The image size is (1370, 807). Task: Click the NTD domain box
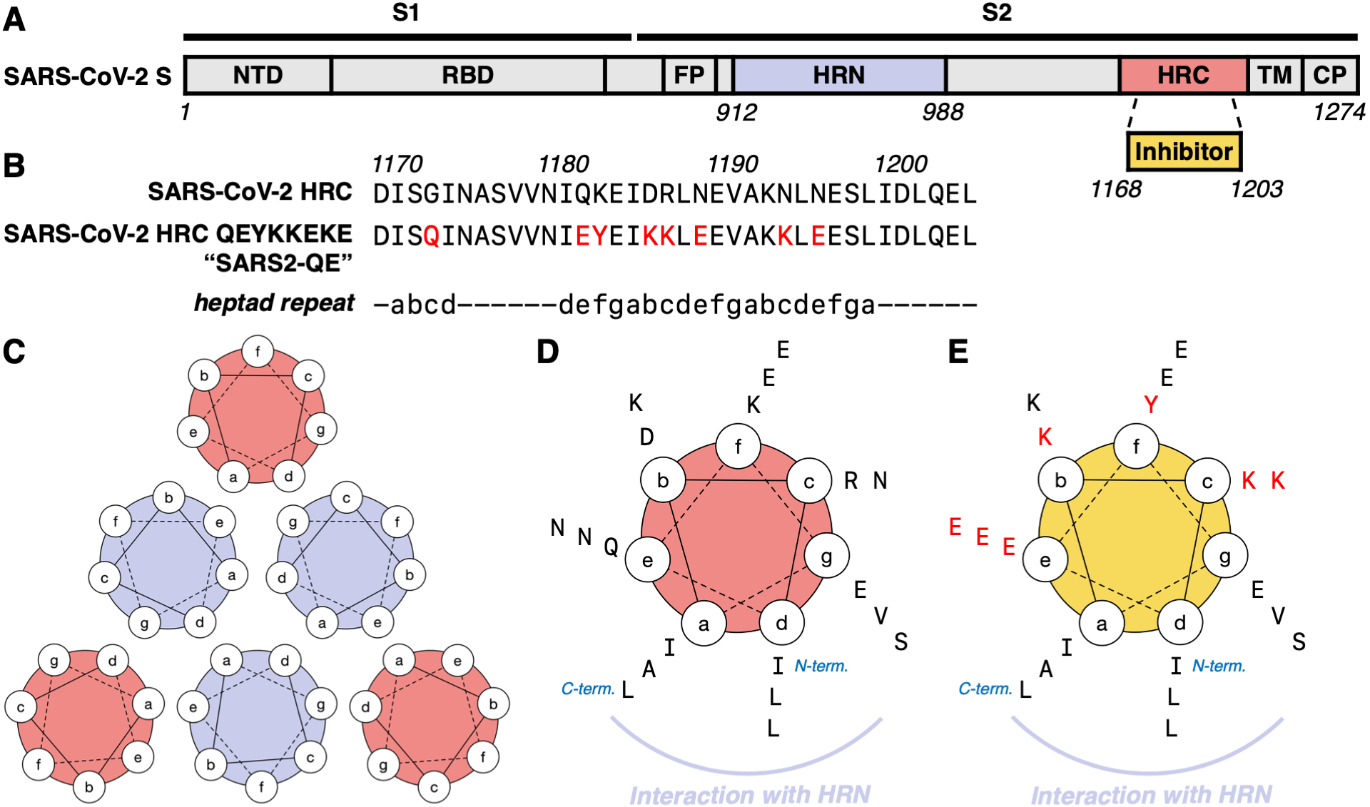(258, 75)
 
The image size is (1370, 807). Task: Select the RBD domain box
(467, 75)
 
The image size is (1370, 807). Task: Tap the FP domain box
(689, 75)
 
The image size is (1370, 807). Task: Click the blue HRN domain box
(838, 75)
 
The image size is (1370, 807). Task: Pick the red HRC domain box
(1183, 75)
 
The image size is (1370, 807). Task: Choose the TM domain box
(1274, 75)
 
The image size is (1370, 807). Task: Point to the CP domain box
(1329, 75)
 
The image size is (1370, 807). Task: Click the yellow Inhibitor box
(1184, 151)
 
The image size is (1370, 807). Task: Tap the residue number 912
(736, 113)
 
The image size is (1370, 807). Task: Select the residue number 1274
(1339, 112)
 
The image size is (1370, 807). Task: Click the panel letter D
(547, 352)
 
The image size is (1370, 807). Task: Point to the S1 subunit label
(405, 13)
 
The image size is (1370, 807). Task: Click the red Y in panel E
(1150, 405)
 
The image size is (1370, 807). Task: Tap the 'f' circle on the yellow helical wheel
(1136, 446)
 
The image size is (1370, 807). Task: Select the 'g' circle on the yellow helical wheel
(1224, 557)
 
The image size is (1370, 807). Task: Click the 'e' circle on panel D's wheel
(647, 560)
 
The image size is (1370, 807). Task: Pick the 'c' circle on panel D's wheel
(808, 482)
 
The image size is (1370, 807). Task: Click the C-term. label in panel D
(587, 689)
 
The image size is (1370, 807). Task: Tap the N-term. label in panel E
(1219, 666)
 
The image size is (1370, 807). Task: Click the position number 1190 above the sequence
(733, 164)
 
